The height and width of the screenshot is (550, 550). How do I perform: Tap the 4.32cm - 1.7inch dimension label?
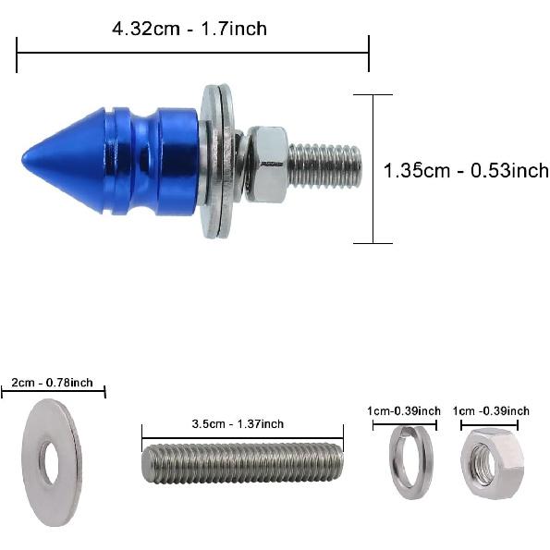[189, 29]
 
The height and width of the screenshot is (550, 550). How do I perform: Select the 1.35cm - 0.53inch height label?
[465, 170]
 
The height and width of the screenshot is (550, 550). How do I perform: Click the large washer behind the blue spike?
[217, 162]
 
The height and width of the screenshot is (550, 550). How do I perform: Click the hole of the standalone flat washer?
[50, 463]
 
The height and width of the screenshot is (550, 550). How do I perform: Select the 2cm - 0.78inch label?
[52, 383]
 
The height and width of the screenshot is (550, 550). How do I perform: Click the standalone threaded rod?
[242, 462]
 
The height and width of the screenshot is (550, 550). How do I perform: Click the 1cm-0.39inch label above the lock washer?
[403, 410]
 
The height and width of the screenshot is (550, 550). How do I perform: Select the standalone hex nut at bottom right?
[490, 463]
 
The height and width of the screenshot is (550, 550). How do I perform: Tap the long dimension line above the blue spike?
[192, 54]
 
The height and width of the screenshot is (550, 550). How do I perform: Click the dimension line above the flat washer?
[53, 393]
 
